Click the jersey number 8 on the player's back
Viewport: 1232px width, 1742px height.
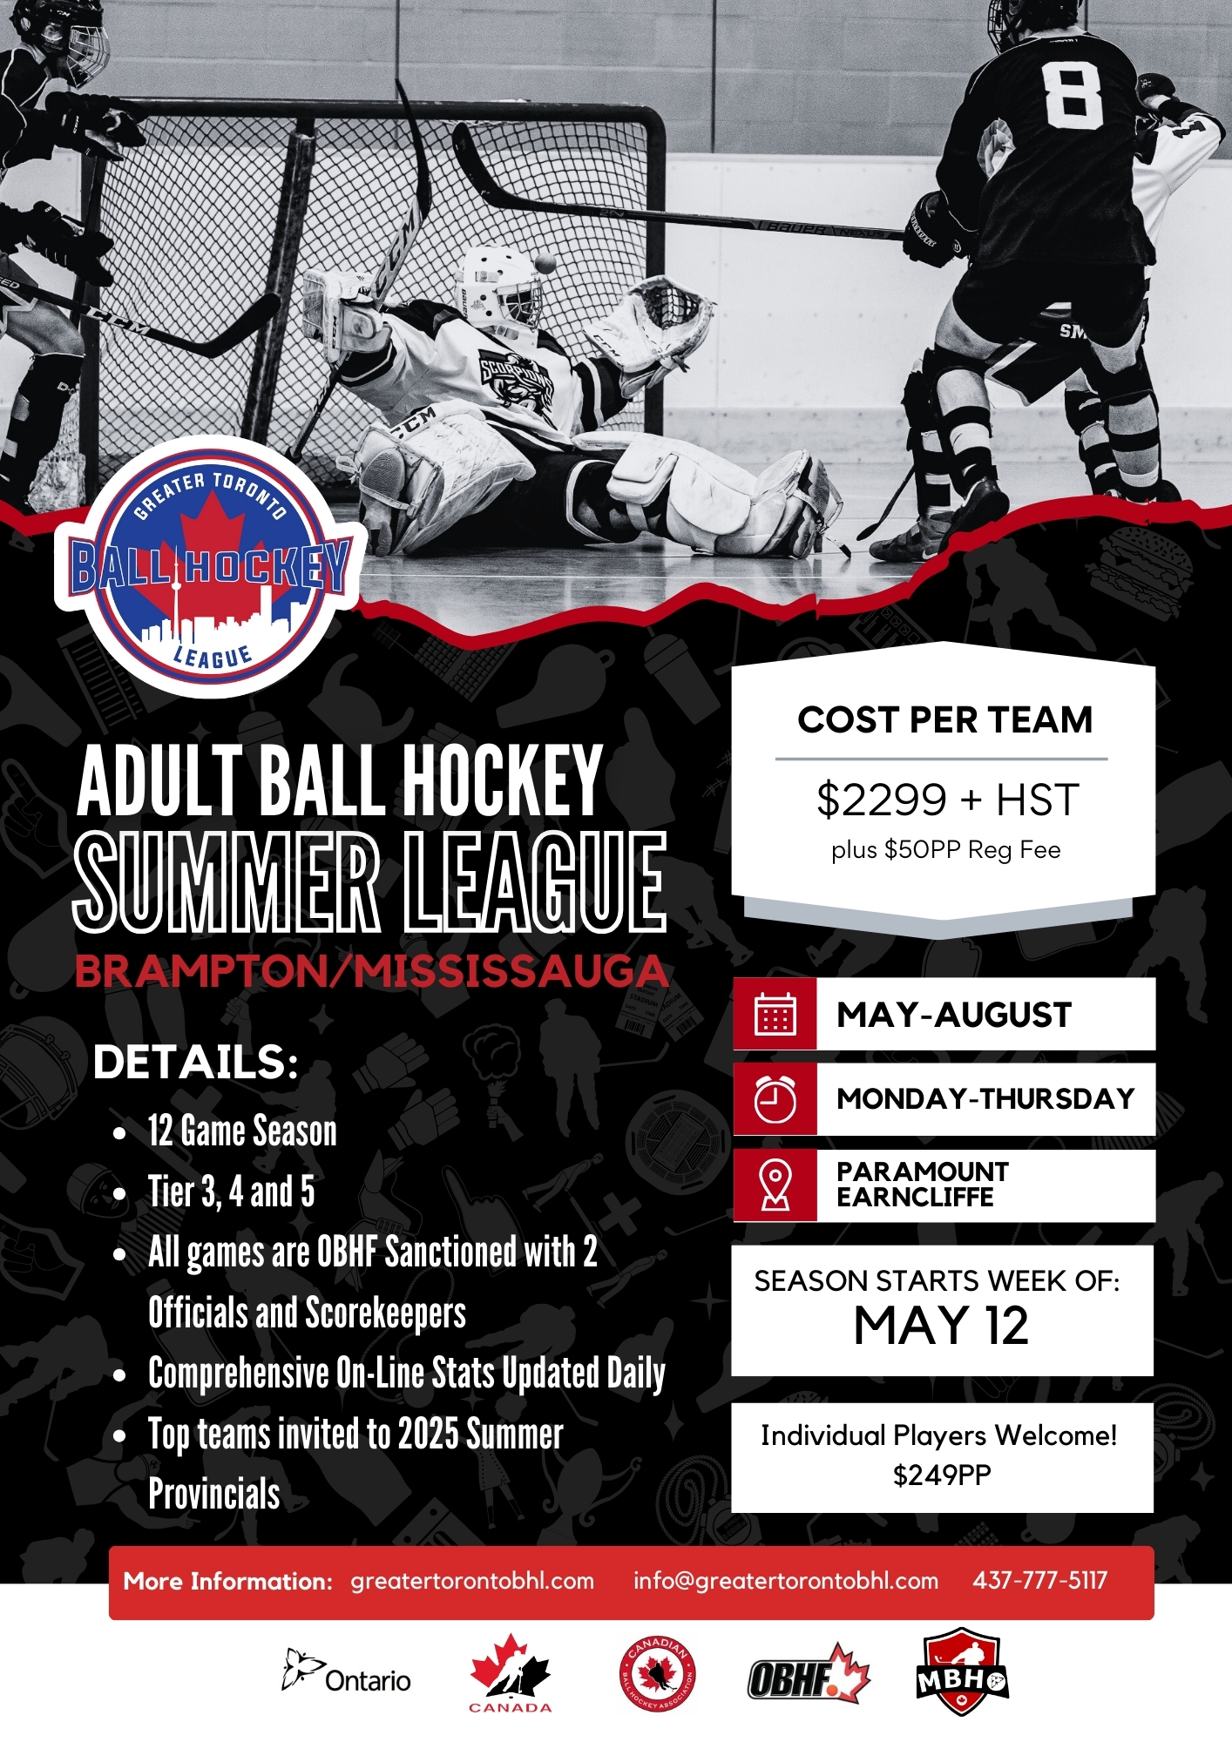point(1073,94)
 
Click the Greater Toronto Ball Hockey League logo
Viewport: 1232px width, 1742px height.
point(209,566)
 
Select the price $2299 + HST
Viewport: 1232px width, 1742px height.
point(947,800)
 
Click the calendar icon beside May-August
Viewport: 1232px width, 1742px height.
point(775,1014)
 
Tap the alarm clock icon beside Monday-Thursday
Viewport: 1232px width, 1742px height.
point(775,1099)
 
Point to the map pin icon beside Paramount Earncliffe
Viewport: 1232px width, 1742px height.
point(775,1185)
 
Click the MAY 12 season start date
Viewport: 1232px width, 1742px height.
point(941,1327)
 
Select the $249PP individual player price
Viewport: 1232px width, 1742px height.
point(942,1475)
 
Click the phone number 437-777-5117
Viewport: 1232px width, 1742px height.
point(1039,1580)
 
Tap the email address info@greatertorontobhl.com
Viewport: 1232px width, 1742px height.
point(786,1581)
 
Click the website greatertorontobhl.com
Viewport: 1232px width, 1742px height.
point(472,1581)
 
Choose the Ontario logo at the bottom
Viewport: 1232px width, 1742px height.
point(346,1672)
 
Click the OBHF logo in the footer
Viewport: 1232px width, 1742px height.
point(809,1674)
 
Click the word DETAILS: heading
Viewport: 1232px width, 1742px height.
point(196,1062)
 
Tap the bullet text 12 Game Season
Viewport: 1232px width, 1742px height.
point(242,1131)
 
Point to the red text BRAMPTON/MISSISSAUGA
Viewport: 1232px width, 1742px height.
point(372,971)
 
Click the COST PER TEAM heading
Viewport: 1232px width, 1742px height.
point(945,720)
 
